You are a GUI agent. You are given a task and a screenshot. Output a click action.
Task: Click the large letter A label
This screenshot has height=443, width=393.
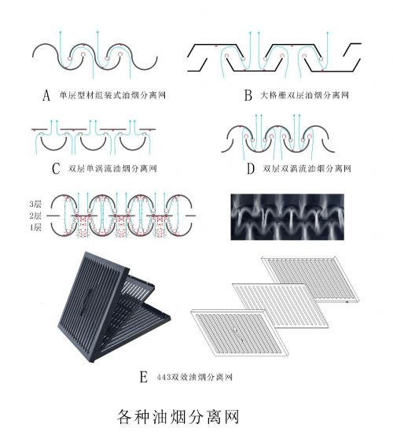tap(46, 95)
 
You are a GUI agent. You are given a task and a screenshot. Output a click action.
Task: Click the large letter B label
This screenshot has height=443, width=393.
tap(248, 95)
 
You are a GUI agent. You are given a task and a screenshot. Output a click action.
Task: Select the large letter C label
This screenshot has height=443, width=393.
tap(56, 168)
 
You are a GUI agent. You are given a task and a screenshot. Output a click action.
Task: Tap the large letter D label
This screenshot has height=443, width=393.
tap(251, 168)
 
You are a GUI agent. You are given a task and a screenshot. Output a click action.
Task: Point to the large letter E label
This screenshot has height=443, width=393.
tap(144, 377)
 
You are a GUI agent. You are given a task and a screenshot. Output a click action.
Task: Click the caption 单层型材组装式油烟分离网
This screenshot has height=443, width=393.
tap(112, 95)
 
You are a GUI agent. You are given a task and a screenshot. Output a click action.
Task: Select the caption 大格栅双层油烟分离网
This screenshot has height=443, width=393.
tap(304, 95)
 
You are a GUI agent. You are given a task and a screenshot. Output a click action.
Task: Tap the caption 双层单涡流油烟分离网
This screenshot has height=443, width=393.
tap(112, 168)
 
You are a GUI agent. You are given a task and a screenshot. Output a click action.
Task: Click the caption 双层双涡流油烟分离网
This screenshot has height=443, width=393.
tap(307, 168)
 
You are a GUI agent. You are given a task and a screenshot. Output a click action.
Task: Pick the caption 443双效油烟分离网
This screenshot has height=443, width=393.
tap(195, 377)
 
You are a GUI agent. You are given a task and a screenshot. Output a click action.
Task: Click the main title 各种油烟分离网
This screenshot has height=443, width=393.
tap(178, 417)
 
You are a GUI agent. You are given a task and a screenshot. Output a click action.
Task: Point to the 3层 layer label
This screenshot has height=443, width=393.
tap(35, 204)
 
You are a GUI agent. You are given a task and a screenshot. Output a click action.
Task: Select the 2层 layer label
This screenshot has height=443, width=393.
tap(35, 216)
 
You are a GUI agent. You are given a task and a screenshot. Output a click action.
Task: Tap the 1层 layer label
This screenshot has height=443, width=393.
tap(35, 227)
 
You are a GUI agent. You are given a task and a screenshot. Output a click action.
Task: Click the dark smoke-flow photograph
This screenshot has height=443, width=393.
tap(287, 217)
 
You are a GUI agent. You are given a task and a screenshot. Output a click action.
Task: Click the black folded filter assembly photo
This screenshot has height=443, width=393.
tap(114, 307)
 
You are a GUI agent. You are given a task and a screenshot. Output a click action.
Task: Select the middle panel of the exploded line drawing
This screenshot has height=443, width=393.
tap(281, 305)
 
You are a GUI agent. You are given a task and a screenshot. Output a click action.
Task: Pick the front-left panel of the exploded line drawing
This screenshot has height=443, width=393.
tap(240, 333)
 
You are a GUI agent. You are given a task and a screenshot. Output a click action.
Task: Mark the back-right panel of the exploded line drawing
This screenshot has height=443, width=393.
tap(310, 279)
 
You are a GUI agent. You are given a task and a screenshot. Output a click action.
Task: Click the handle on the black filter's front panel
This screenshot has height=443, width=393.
tap(86, 301)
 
